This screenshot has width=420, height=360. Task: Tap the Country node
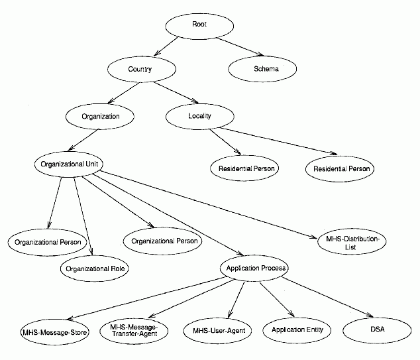(140, 69)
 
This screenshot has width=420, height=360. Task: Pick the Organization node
(101, 116)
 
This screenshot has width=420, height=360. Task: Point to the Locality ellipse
(199, 116)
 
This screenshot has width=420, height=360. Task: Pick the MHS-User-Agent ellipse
(217, 330)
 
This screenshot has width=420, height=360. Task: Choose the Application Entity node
(296, 330)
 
